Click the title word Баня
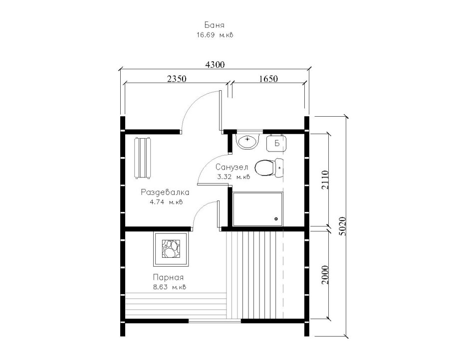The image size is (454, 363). tap(214, 25)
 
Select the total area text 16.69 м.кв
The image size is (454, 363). tap(215, 35)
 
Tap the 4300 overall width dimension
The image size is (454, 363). tap(215, 64)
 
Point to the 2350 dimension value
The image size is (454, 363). tap(177, 78)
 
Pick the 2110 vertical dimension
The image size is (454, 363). tap(325, 180)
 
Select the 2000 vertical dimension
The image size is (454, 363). tap(325, 275)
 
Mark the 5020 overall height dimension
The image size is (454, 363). tap(342, 226)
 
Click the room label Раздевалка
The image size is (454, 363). tap(165, 192)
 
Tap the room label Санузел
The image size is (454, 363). tap(231, 168)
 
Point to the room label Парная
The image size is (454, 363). tap(168, 277)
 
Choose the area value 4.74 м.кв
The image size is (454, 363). tap(166, 202)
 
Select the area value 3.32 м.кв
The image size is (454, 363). tap(233, 177)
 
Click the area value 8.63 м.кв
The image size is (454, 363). tap(170, 287)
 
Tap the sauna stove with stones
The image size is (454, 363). tap(171, 249)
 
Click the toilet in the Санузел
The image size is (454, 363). tap(269, 168)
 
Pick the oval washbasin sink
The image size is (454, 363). tap(247, 142)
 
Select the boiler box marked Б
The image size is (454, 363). tap(276, 143)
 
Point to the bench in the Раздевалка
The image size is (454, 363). tap(143, 159)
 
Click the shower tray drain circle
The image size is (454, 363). tap(275, 219)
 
